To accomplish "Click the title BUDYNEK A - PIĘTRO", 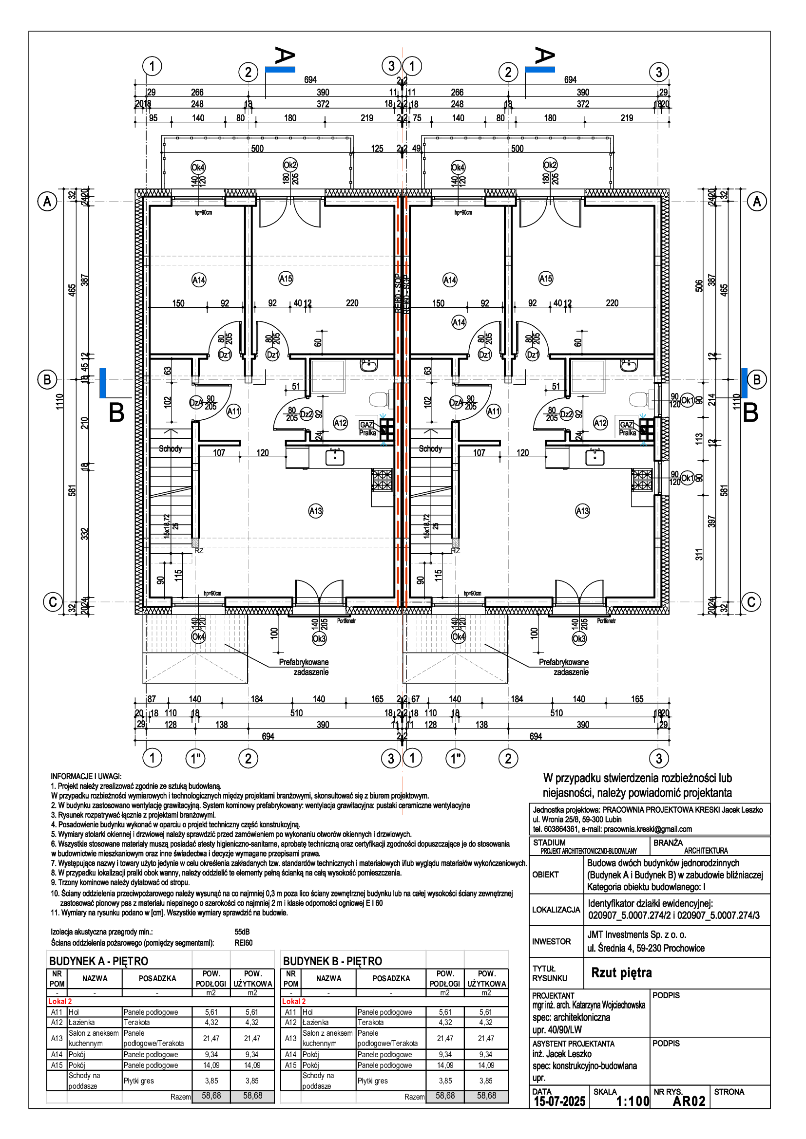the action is click(x=98, y=961).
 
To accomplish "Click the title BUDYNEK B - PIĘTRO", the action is click(x=332, y=961).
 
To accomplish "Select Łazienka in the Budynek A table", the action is click(x=81, y=1023).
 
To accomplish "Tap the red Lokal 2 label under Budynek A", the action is click(x=60, y=1002).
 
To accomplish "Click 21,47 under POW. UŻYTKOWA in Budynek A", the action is click(x=252, y=1038).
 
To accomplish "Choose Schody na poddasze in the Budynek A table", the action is click(x=84, y=1081).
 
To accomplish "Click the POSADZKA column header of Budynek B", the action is click(x=391, y=979).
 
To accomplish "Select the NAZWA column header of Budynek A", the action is click(x=95, y=979).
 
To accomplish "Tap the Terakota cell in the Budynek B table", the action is click(x=371, y=1023).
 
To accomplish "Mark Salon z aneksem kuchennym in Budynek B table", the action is click(x=327, y=1038).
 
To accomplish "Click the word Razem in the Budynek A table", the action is click(x=180, y=1097).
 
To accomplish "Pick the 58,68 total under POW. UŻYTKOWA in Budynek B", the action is click(x=486, y=1096).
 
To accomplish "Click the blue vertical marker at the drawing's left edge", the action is click(x=103, y=383).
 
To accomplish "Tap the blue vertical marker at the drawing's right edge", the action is click(x=745, y=383).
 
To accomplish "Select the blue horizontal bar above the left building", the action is click(x=280, y=70).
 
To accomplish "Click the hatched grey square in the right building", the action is click(x=456, y=542).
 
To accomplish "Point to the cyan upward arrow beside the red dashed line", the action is click(x=384, y=444).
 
